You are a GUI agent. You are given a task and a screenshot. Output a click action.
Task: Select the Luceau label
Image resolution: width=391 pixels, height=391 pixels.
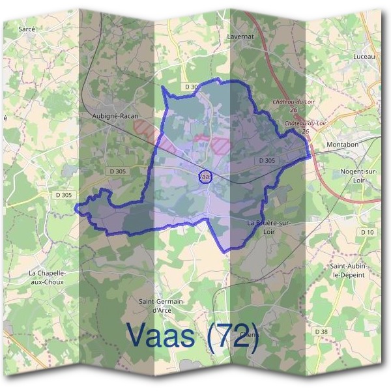364,57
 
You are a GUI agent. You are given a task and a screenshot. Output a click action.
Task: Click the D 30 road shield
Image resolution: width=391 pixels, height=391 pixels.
192,87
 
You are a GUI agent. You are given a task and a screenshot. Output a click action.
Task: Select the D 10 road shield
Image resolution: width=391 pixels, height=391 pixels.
368,232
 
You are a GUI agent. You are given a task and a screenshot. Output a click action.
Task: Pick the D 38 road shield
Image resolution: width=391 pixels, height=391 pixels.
322,332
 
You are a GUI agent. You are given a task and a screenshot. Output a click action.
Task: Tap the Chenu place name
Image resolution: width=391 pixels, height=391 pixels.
250,335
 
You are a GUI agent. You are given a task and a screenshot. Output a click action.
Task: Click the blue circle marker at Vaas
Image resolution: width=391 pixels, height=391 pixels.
204,177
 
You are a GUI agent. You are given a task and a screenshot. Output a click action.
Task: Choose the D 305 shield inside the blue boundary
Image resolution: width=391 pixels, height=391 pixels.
267,160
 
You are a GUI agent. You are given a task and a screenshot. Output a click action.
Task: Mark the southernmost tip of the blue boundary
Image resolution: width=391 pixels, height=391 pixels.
225,252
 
